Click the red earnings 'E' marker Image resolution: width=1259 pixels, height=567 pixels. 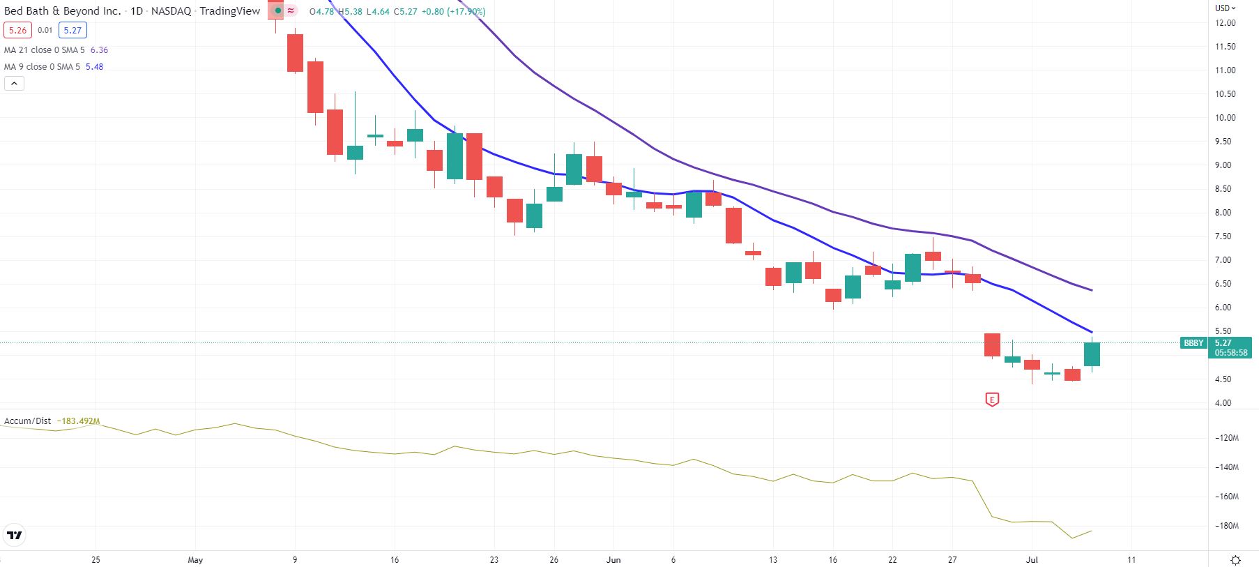[x=991, y=400]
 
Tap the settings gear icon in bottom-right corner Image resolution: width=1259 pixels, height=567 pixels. [x=1235, y=560]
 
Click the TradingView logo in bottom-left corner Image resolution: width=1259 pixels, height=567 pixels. [x=15, y=536]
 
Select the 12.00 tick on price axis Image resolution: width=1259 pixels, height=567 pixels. [x=1225, y=23]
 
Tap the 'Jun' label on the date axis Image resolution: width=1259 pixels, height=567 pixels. [x=613, y=560]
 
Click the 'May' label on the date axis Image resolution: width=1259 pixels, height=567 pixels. [x=195, y=560]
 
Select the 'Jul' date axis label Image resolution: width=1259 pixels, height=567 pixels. [x=1032, y=560]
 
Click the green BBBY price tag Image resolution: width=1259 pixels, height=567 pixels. [x=1193, y=343]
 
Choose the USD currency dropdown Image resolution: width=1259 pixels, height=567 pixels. [x=1225, y=8]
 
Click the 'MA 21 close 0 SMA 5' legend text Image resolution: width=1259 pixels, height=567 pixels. [x=45, y=50]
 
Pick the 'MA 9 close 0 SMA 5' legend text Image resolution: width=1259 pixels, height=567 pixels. [x=42, y=67]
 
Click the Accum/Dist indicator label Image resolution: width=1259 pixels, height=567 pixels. [x=28, y=421]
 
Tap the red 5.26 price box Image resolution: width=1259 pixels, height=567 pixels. [x=17, y=30]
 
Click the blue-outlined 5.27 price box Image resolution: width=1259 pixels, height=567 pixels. [x=73, y=30]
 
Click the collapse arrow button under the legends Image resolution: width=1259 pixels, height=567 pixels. [x=15, y=84]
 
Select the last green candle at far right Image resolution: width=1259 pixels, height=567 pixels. [x=1092, y=354]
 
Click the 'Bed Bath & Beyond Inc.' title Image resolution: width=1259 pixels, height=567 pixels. [x=62, y=11]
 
